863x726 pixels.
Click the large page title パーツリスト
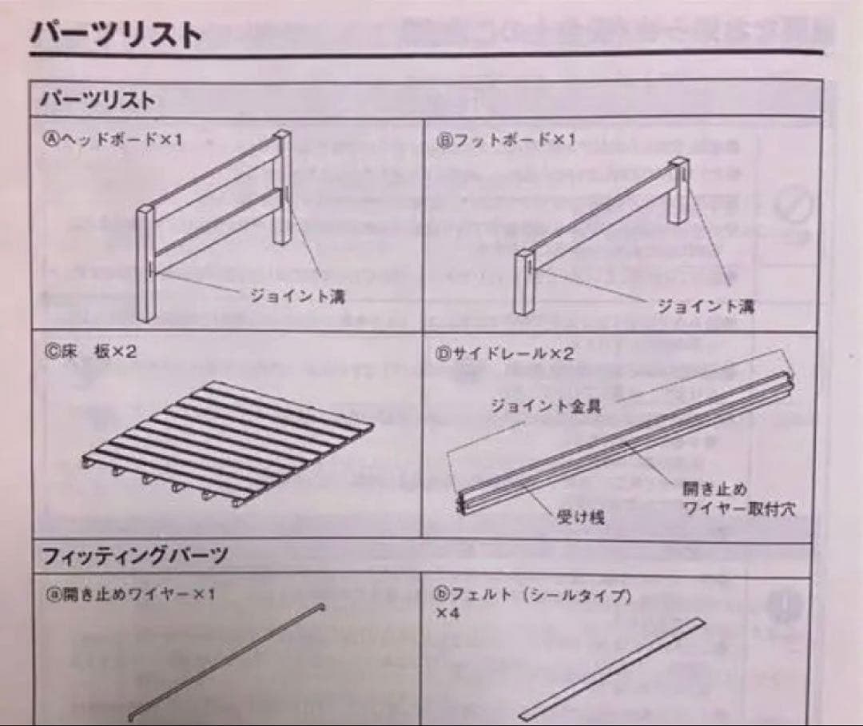[116, 34]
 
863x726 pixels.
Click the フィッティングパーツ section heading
[135, 555]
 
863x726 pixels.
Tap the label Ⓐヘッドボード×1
[114, 140]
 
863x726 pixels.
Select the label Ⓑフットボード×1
[506, 140]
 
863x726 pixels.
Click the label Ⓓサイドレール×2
[504, 353]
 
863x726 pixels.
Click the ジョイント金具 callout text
[557, 406]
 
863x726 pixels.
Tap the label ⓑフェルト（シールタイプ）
[533, 595]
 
